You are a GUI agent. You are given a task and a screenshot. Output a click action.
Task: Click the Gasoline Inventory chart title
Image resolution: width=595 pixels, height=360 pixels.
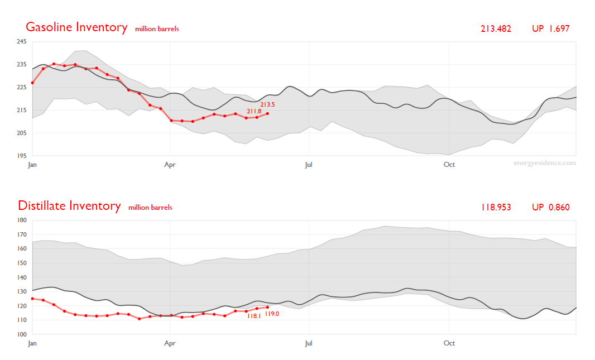[x=76, y=27]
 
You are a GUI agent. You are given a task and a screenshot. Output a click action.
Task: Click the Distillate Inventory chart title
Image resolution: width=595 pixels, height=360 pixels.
[x=69, y=206]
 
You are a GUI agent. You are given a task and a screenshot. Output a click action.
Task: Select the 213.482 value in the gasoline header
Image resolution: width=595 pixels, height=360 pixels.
[x=496, y=28]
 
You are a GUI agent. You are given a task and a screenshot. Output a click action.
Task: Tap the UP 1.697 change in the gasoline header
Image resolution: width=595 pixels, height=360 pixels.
[x=550, y=28]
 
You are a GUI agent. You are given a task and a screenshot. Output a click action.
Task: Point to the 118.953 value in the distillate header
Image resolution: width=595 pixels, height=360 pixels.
[x=496, y=208]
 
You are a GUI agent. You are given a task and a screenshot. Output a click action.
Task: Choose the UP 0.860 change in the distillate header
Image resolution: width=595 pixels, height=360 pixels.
[x=550, y=208]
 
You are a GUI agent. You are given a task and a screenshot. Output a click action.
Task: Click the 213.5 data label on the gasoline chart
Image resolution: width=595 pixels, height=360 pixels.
[x=267, y=104]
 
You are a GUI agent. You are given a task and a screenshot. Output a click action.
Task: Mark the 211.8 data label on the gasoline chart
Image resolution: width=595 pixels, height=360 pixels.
[x=254, y=111]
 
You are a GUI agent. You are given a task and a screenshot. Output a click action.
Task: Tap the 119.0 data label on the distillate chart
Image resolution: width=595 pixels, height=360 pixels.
[x=272, y=314]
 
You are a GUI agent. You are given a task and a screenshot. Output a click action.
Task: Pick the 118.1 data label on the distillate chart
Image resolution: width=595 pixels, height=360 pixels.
[x=254, y=315]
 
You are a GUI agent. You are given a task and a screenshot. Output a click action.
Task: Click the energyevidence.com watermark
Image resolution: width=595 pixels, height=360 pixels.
[x=545, y=163]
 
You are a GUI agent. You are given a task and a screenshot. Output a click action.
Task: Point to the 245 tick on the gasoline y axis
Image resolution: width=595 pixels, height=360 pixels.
[x=22, y=42]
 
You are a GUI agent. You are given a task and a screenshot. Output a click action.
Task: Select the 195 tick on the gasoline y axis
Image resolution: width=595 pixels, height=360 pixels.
[x=22, y=156]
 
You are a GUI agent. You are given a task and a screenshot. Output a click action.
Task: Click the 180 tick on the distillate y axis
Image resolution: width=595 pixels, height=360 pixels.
[x=22, y=220]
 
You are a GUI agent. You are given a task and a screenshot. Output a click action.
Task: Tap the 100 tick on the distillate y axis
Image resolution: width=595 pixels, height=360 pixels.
[x=22, y=334]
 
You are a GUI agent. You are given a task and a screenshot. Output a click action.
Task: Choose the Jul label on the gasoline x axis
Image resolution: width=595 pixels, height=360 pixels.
[x=308, y=165]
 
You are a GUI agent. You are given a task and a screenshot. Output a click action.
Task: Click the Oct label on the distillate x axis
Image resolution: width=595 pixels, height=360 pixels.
[x=449, y=343]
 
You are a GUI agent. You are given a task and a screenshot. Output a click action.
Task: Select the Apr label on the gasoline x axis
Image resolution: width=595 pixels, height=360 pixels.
[x=170, y=165]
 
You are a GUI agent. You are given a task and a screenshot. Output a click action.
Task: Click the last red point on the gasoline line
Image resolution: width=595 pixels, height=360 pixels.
[x=268, y=113]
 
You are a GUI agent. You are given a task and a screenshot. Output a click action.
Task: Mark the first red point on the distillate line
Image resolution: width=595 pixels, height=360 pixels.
[x=32, y=299]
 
